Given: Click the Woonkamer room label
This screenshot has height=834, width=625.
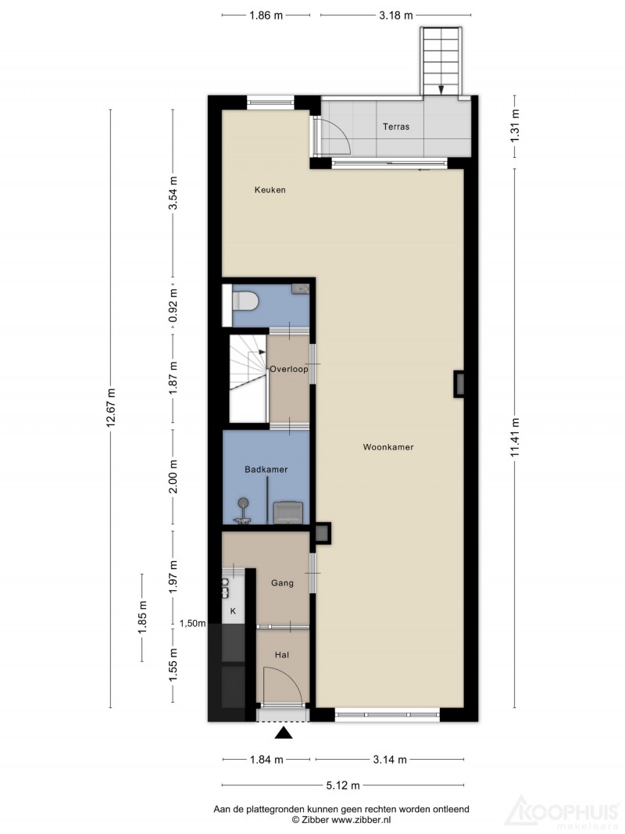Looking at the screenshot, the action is [x=388, y=447].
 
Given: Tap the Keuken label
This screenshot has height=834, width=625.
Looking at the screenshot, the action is [x=270, y=190].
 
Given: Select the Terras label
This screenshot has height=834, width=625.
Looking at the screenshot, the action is [x=396, y=127].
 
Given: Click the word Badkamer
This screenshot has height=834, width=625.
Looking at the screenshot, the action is [x=266, y=470].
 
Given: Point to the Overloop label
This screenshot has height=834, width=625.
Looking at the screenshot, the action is [x=288, y=369].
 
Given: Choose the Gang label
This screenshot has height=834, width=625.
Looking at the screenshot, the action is [x=282, y=583].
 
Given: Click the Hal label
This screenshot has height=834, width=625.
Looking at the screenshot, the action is [x=282, y=655].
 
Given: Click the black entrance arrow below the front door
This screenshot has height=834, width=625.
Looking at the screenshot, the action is [x=284, y=733].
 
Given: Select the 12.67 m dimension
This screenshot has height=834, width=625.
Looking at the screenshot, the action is [x=110, y=408].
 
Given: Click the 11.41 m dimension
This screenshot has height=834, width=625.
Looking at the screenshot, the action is [x=515, y=438].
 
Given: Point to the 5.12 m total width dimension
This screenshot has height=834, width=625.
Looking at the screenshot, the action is [x=343, y=785].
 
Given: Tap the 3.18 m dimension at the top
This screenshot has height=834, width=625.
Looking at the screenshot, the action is [x=396, y=16].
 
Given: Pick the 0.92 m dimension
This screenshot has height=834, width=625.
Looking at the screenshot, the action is [x=172, y=306].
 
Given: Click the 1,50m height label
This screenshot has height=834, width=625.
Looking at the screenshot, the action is [x=192, y=624].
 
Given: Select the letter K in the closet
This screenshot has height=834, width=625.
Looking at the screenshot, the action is [x=233, y=612].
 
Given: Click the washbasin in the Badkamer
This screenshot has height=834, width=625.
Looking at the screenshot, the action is [x=288, y=513].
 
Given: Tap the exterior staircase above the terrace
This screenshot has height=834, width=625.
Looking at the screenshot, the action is [x=441, y=62].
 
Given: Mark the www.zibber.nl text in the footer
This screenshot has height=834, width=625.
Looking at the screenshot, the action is [x=362, y=820].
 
